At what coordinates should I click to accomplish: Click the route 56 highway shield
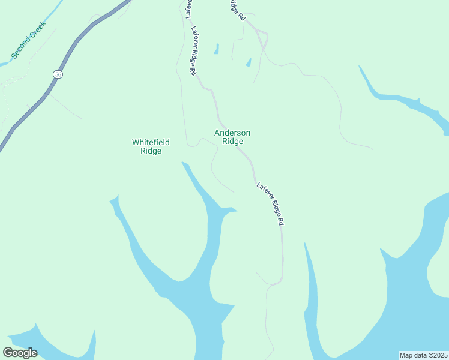point(57,74)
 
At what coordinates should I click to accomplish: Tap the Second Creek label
point(28,41)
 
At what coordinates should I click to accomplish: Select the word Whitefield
point(151,142)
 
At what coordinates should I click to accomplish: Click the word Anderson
point(232,133)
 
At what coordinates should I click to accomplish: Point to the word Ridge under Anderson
point(232,142)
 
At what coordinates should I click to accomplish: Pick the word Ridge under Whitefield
point(151,151)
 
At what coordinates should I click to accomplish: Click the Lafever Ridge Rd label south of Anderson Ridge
point(270,204)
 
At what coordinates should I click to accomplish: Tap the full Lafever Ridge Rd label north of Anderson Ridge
point(194,50)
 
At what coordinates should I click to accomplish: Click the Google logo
point(20,353)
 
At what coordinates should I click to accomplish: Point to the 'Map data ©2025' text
point(423,355)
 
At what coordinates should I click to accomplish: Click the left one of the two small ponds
point(216,49)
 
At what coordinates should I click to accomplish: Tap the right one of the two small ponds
point(248,62)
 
